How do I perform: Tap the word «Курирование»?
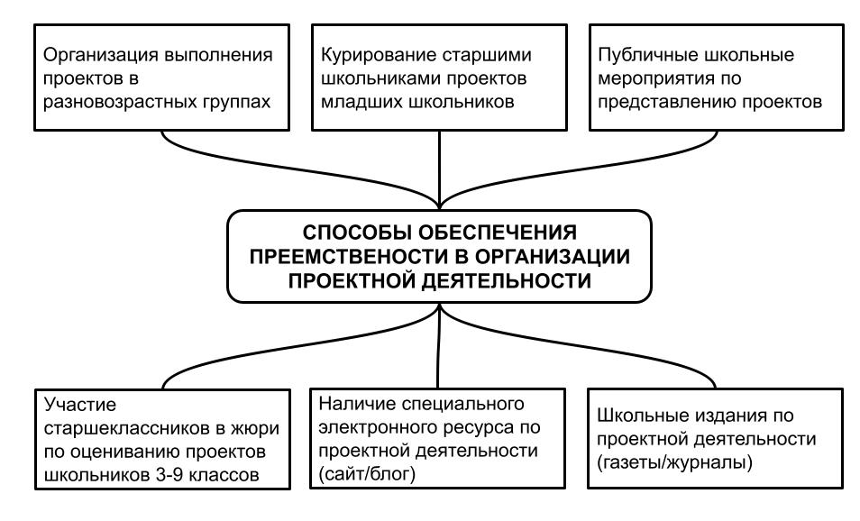[x=378, y=55]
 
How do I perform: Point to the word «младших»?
[x=356, y=102]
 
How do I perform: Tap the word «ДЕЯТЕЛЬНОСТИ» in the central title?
[x=507, y=280]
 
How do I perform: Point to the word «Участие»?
[x=80, y=406]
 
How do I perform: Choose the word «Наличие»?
[x=354, y=404]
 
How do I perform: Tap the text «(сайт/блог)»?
[x=367, y=474]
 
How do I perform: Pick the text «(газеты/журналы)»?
[x=674, y=463]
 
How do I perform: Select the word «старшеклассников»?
[x=127, y=428]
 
